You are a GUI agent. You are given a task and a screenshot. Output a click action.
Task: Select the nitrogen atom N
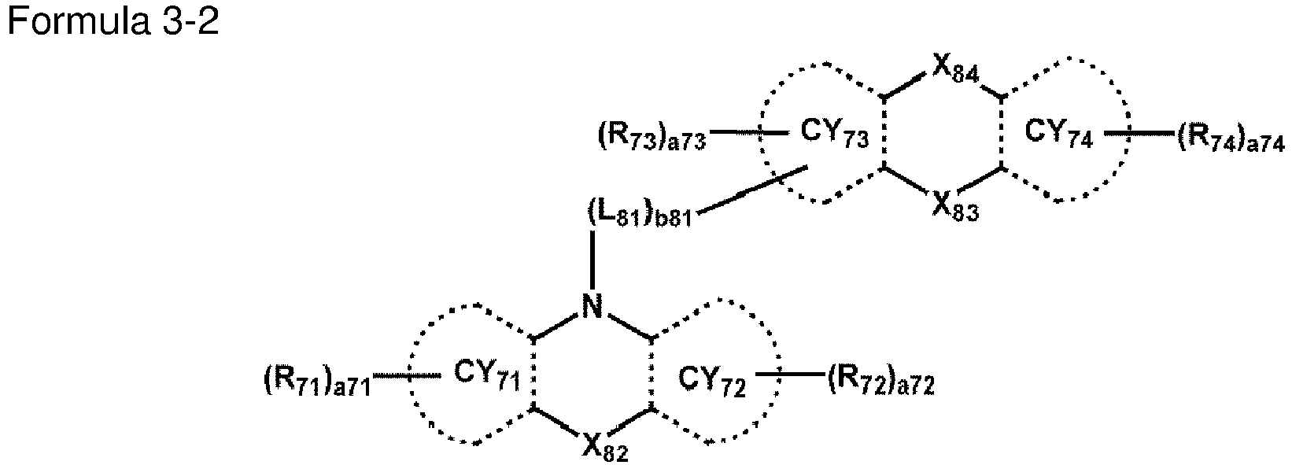click(x=592, y=306)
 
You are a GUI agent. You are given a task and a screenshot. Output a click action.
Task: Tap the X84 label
click(x=952, y=73)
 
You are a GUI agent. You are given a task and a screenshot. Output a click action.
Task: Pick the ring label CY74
click(x=1058, y=135)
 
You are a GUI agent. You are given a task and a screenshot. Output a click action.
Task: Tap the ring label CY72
click(x=712, y=381)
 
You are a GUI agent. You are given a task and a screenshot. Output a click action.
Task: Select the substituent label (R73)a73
click(x=652, y=139)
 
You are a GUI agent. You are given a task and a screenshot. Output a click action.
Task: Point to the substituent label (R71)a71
click(x=316, y=382)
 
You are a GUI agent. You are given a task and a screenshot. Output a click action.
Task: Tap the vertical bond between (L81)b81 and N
click(x=592, y=260)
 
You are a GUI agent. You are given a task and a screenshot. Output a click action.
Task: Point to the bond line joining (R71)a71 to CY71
click(x=408, y=376)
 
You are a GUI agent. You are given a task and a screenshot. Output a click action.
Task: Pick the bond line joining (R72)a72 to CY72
click(x=791, y=375)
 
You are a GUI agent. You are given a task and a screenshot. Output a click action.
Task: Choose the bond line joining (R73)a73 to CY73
click(x=748, y=133)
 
